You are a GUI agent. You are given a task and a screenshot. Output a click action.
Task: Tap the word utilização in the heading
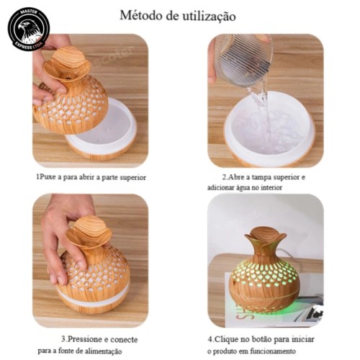point(210,17)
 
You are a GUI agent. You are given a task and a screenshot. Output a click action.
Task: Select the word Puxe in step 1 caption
point(48,178)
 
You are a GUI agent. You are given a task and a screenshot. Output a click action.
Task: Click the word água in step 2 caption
point(244,187)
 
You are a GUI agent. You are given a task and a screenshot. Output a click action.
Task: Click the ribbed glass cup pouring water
point(244,59)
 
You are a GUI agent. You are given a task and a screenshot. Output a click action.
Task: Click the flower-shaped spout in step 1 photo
point(67,64)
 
